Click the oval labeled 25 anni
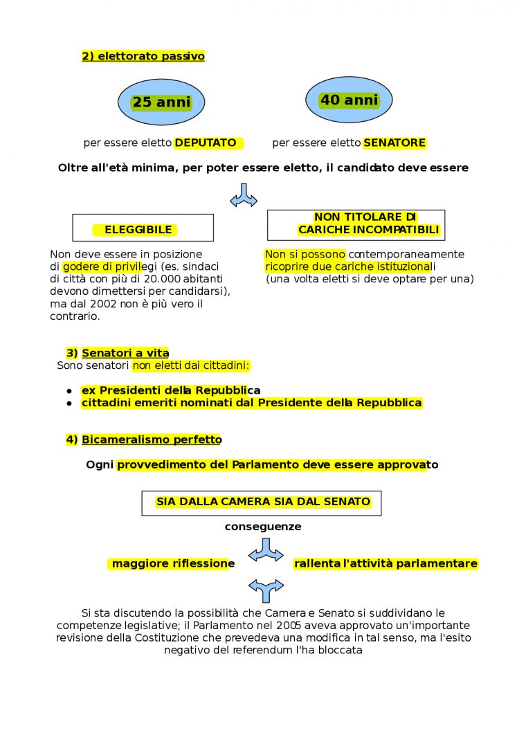pos(161,102)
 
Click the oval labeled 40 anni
pos(349,100)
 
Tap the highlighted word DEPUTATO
pos(205,143)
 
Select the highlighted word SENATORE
pos(394,143)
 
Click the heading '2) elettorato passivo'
pos(143,57)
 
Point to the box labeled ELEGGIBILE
pos(143,228)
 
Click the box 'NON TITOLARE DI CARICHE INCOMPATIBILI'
pos(356,225)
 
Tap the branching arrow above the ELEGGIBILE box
pos(244,196)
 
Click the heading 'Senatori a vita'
pos(125,353)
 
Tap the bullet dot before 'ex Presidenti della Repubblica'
pos(69,391)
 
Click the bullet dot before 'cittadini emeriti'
pos(69,403)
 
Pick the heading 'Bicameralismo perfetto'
pos(152,439)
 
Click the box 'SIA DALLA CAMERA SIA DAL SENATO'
pos(262,502)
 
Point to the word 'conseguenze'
pos(263,527)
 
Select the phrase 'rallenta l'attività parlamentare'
pos(386,564)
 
